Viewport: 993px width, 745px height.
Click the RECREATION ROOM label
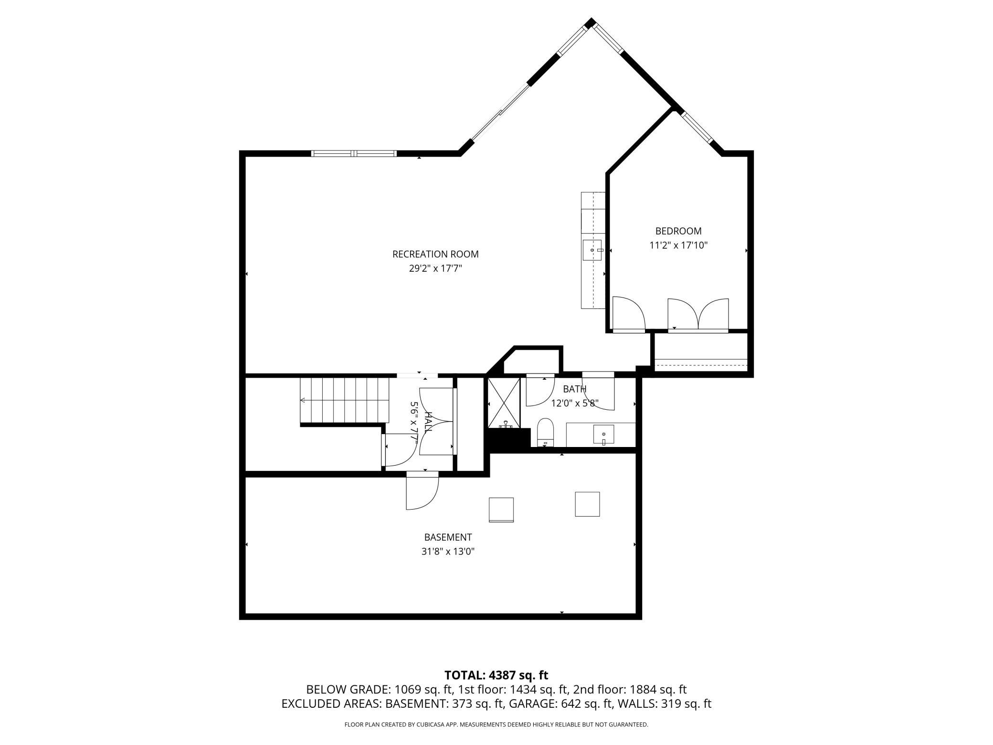click(435, 255)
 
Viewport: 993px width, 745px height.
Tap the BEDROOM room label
click(678, 231)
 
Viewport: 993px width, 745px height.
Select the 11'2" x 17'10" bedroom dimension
click(678, 245)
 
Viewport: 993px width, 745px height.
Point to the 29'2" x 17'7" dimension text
click(435, 268)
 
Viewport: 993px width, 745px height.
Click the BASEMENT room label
click(448, 537)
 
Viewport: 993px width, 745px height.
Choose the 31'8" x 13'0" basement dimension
click(448, 552)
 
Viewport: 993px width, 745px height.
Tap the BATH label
click(574, 389)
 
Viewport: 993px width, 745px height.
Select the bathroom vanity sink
click(603, 434)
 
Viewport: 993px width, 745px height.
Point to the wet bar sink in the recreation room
click(592, 250)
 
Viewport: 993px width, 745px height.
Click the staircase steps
click(344, 400)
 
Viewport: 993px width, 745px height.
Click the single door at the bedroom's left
click(629, 314)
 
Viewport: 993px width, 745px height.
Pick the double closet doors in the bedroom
click(698, 315)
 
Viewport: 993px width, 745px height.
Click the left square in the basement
click(501, 510)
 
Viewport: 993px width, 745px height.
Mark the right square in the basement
click(587, 504)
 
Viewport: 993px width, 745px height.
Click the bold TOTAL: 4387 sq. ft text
click(496, 675)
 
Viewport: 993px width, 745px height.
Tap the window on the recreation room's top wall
click(354, 153)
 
